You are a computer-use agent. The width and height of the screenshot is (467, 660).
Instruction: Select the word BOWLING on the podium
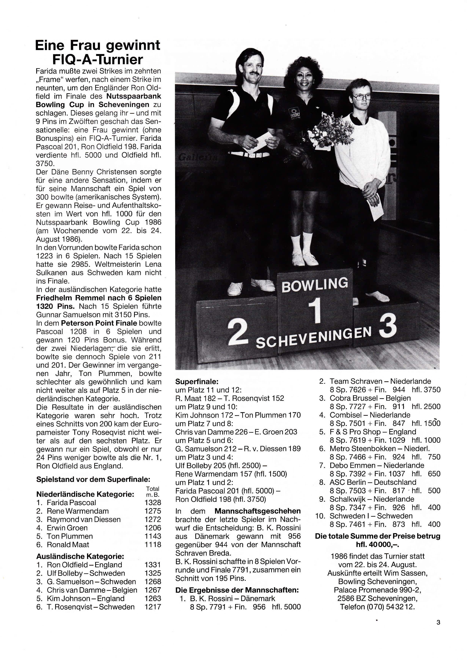315,284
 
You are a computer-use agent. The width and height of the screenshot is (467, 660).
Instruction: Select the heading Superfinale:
197,382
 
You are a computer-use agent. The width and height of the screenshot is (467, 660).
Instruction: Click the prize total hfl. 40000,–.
377,544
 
